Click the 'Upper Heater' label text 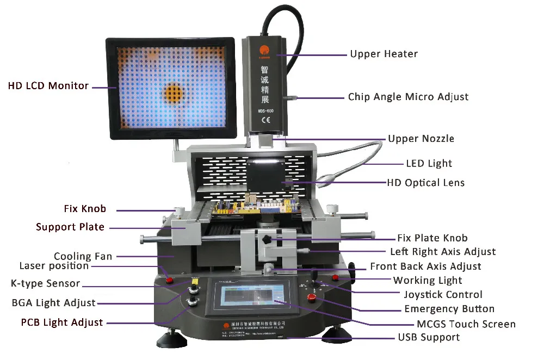tap(384, 54)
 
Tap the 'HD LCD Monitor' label tap(48, 86)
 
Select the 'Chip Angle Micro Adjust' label tap(408, 97)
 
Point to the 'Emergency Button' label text tap(449, 309)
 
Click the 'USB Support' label tap(429, 337)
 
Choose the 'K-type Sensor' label tap(45, 283)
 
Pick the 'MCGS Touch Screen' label tap(466, 324)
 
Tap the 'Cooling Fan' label tap(83, 256)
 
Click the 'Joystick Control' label tap(443, 295)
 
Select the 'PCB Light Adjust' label tap(61, 322)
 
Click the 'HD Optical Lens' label tap(425, 183)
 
